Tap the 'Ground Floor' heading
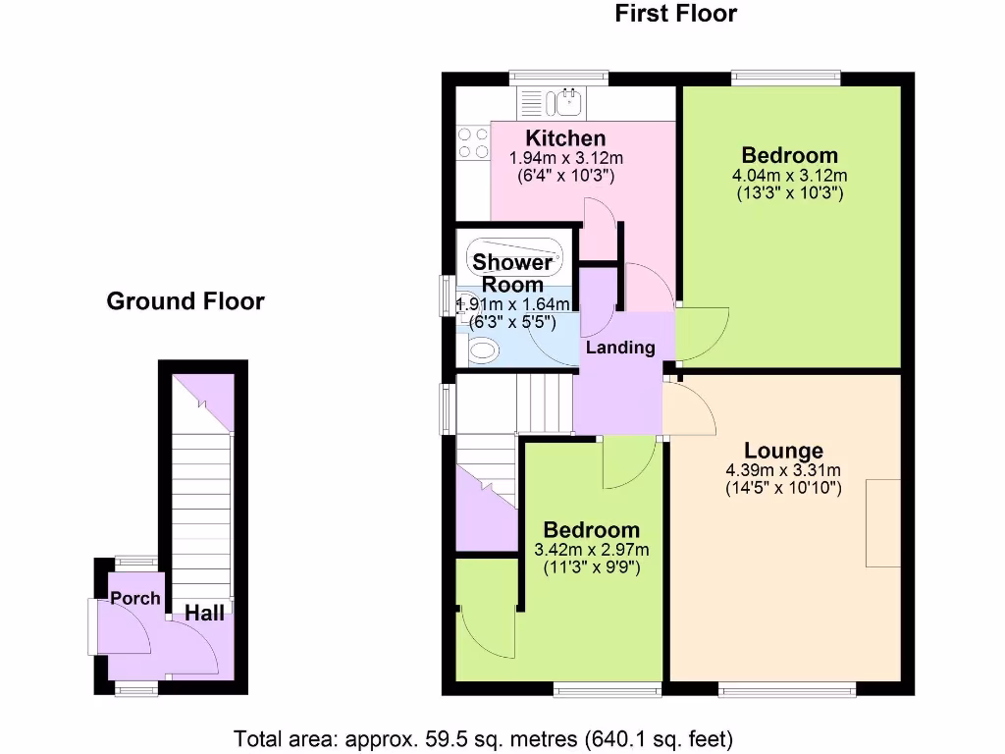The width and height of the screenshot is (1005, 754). coord(185,301)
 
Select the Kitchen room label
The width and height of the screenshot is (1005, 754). coord(565,138)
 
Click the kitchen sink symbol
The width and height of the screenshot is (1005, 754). coord(566,100)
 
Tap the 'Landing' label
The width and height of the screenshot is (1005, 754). coord(620,348)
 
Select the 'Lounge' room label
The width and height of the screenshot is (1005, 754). coord(783,451)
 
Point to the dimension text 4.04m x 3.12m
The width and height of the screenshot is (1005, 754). coord(789,175)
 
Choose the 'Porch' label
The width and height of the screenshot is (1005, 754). coord(134,598)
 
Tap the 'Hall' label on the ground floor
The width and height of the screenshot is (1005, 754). coord(205,614)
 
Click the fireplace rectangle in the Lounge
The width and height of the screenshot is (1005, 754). coord(883,522)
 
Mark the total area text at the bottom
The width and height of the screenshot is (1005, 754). coord(483,737)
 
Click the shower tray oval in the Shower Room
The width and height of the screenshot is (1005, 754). coord(514,260)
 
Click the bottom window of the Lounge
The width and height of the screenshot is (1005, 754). coord(786,690)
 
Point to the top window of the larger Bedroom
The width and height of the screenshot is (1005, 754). coord(785,78)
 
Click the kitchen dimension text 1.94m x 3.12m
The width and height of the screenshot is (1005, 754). coord(566,158)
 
